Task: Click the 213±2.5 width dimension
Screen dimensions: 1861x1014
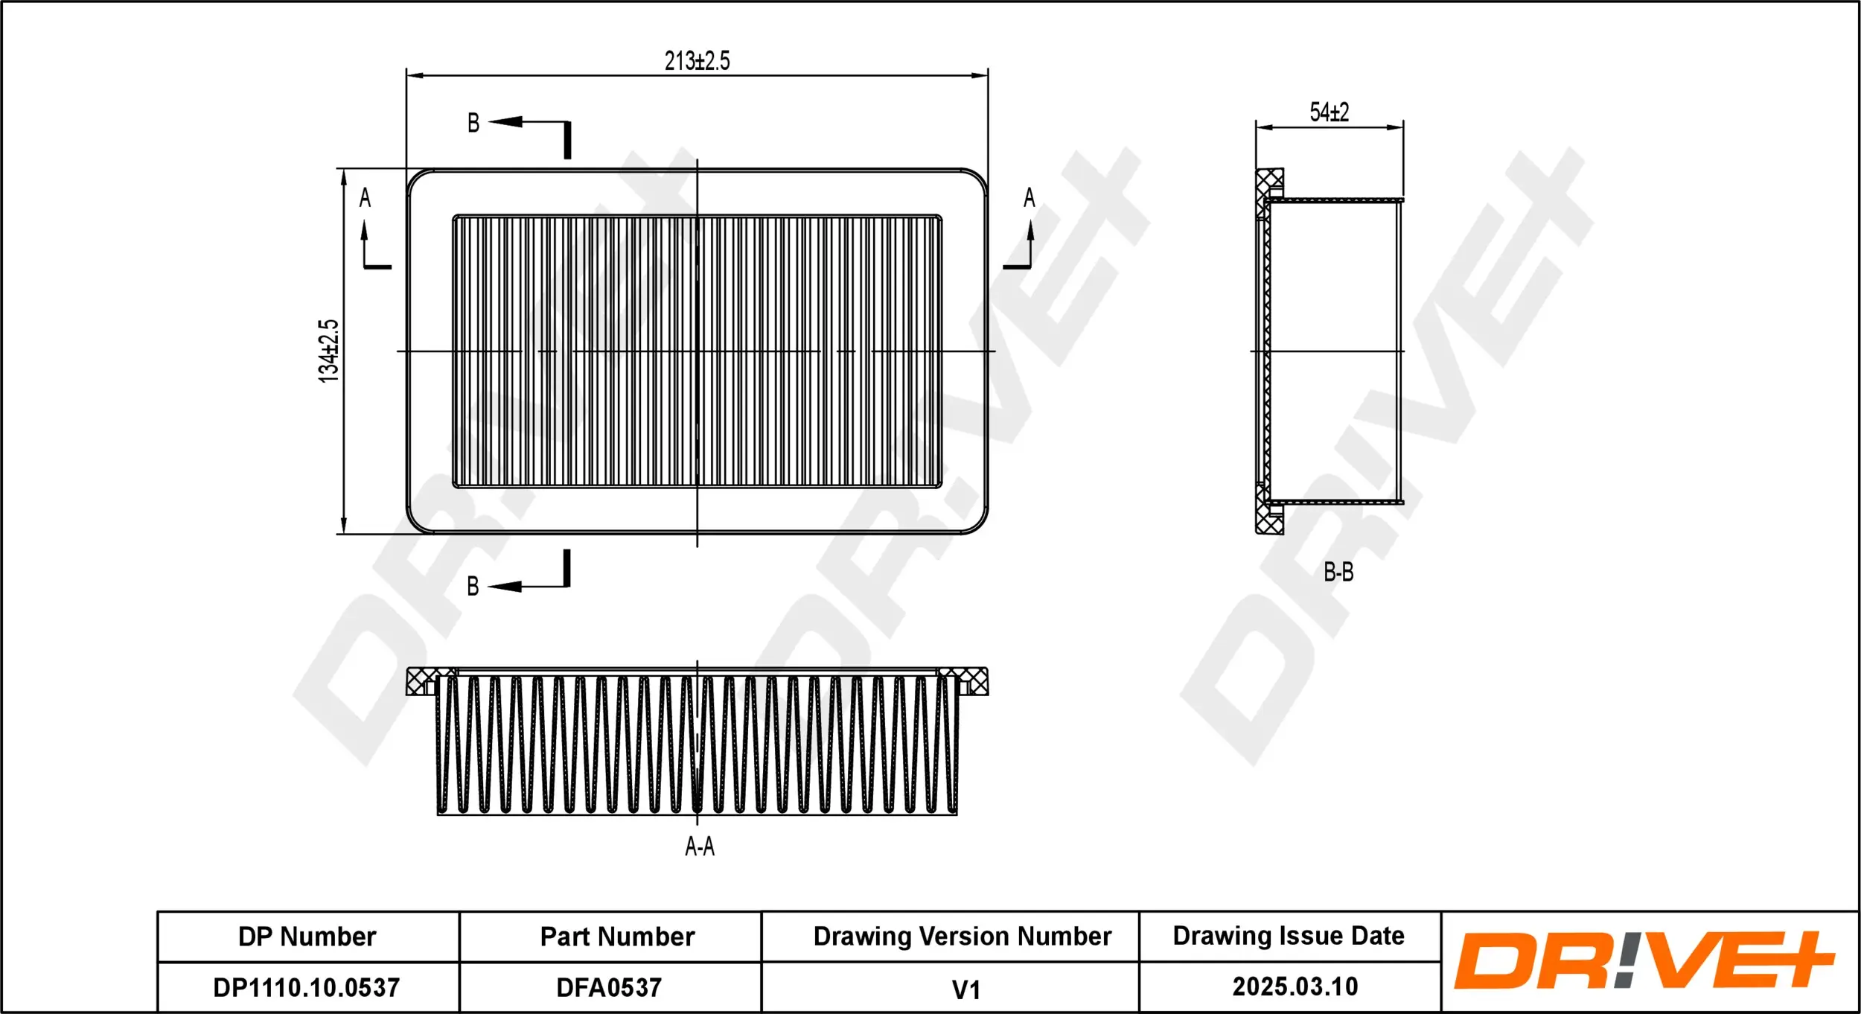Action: (697, 61)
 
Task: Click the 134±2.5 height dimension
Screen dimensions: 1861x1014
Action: (328, 351)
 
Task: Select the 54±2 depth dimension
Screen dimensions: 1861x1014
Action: (1329, 112)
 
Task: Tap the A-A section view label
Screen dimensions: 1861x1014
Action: (699, 846)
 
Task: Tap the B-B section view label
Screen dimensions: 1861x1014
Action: (1338, 572)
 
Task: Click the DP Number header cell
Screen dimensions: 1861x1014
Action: (307, 937)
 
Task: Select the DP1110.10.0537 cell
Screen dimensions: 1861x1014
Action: (307, 987)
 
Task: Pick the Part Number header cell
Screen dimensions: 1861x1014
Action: (617, 937)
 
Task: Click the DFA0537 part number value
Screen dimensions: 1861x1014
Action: (609, 987)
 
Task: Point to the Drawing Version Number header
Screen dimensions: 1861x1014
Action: (962, 936)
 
